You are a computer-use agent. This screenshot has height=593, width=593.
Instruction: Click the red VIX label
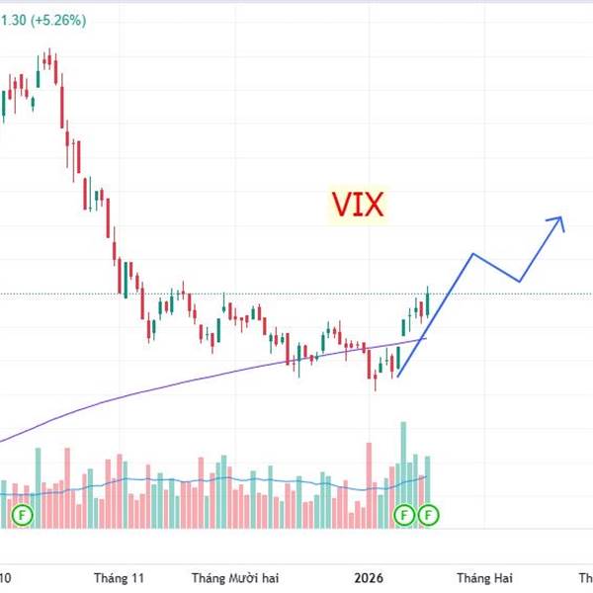pyautogui.click(x=358, y=205)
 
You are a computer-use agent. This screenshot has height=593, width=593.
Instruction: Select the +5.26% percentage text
pyautogui.click(x=56, y=18)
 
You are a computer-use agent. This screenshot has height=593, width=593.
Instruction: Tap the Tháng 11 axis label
pyautogui.click(x=119, y=577)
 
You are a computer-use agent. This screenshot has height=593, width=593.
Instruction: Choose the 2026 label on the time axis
pyautogui.click(x=372, y=577)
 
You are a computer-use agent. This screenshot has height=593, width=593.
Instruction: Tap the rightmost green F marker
pyautogui.click(x=428, y=514)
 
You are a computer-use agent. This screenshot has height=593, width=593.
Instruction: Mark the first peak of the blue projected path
pyautogui.click(x=473, y=254)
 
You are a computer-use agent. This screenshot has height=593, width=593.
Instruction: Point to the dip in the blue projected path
pyautogui.click(x=520, y=282)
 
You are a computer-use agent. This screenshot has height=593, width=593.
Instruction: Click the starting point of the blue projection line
pyautogui.click(x=397, y=377)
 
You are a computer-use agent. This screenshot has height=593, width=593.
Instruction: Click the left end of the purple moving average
pyautogui.click(x=3, y=441)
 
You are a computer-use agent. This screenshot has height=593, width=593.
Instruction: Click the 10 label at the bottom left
pyautogui.click(x=6, y=577)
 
